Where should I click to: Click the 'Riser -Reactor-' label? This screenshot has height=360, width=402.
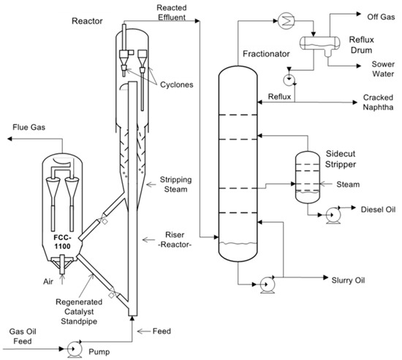pos(176,240)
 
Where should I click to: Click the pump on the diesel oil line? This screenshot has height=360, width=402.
pos(330,215)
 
